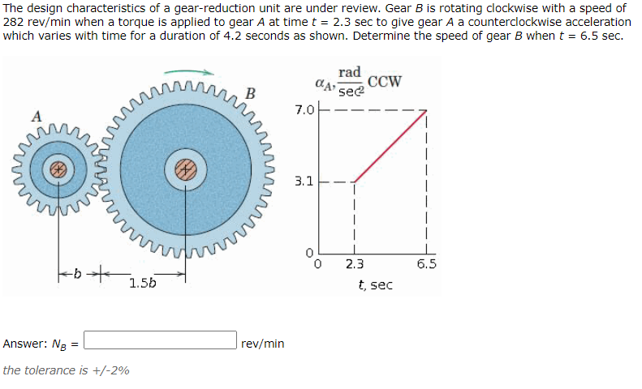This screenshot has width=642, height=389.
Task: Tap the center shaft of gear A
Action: (x=58, y=169)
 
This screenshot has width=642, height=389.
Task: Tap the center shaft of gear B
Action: (x=187, y=169)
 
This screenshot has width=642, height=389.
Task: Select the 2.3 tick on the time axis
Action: (x=355, y=264)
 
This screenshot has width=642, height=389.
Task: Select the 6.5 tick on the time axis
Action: (x=427, y=264)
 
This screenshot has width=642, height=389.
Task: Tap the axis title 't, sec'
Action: (x=375, y=284)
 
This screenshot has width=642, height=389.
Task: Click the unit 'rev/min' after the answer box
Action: (x=263, y=344)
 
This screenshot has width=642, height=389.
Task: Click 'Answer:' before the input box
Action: (x=24, y=344)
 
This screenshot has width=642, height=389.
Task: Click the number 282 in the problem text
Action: (x=15, y=22)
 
